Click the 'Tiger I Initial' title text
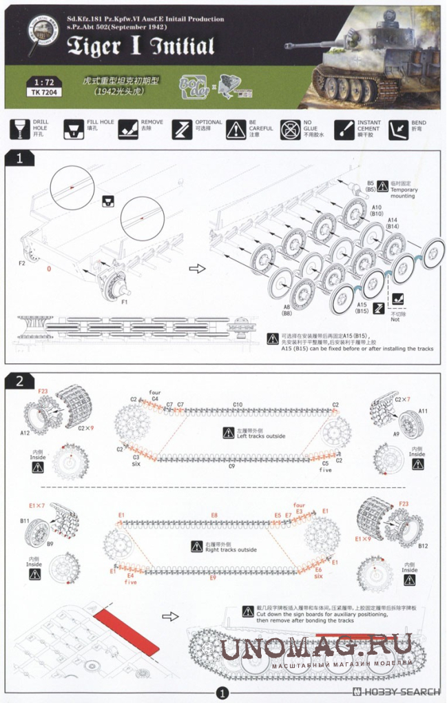[x=141, y=46]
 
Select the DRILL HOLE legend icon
[x=19, y=129]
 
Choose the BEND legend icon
[x=397, y=129]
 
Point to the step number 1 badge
[x=19, y=159]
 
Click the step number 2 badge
[x=19, y=380]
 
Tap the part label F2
[x=22, y=263]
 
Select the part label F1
[x=125, y=301]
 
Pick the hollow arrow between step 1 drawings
[x=197, y=268]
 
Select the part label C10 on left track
[x=238, y=405]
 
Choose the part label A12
[x=25, y=432]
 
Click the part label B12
[x=422, y=546]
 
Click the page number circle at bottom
[x=222, y=693]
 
